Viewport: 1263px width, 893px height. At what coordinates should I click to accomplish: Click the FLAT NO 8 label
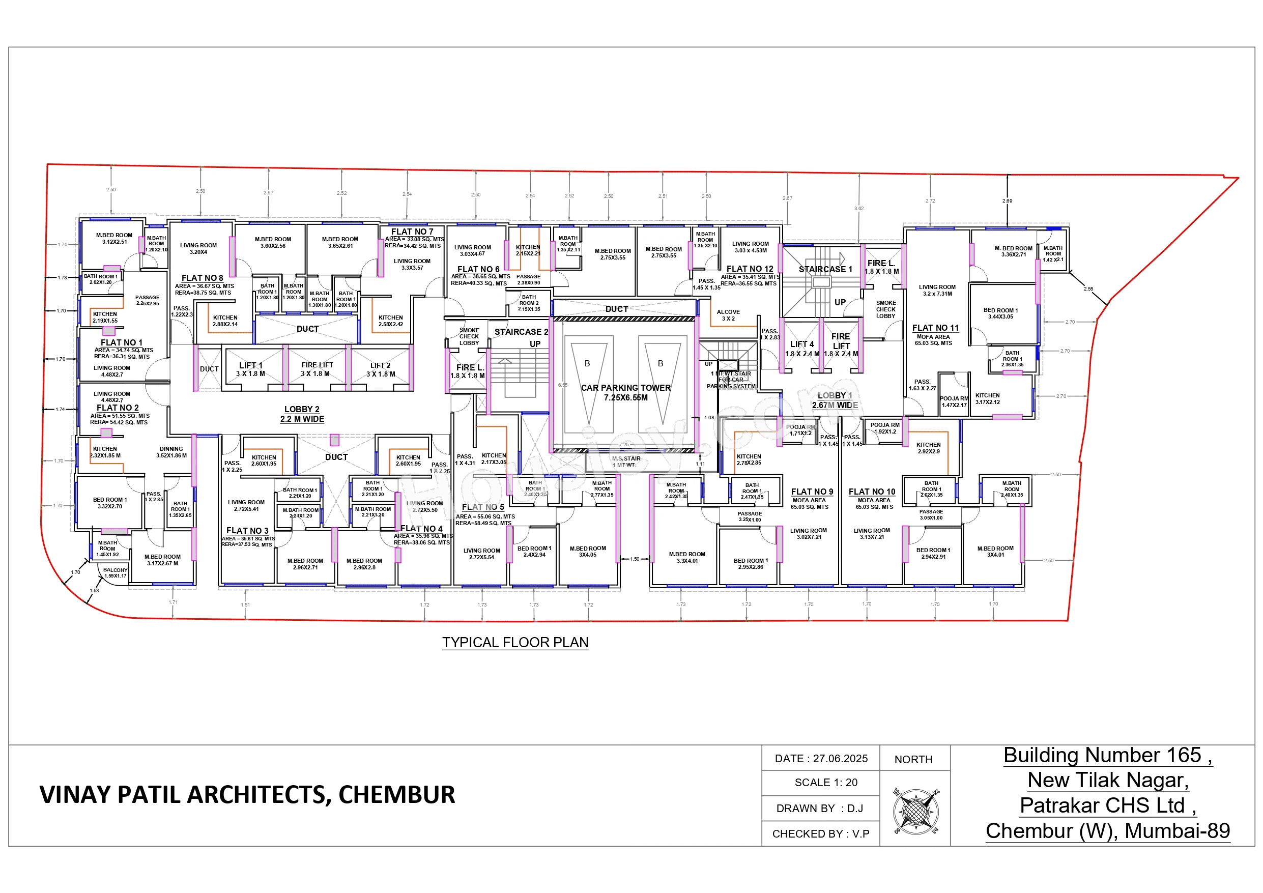(203, 278)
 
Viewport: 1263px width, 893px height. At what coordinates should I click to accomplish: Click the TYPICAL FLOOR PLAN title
(515, 642)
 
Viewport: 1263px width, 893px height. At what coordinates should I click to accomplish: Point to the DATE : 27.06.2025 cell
(821, 758)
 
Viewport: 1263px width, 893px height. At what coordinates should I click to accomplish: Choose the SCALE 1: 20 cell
(826, 783)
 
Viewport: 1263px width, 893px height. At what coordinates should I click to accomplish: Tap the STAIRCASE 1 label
(825, 269)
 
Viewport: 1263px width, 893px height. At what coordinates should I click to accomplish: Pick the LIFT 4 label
(801, 344)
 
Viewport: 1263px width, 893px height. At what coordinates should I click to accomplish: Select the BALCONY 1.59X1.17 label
(115, 573)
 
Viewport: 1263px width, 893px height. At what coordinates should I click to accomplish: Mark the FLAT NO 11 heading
(935, 328)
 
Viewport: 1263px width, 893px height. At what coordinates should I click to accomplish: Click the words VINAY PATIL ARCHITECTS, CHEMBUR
(247, 794)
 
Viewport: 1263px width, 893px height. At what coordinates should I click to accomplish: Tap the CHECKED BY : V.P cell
(821, 833)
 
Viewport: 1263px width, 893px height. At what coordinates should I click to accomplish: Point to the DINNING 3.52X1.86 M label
(171, 452)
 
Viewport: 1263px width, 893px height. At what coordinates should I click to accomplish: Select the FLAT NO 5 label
(482, 507)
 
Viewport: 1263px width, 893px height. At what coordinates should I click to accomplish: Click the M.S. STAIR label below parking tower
(626, 461)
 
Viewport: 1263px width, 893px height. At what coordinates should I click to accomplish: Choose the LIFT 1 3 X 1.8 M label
(250, 369)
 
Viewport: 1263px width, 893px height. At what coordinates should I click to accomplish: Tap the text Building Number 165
(1107, 756)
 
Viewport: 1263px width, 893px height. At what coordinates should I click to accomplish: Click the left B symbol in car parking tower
(587, 364)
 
